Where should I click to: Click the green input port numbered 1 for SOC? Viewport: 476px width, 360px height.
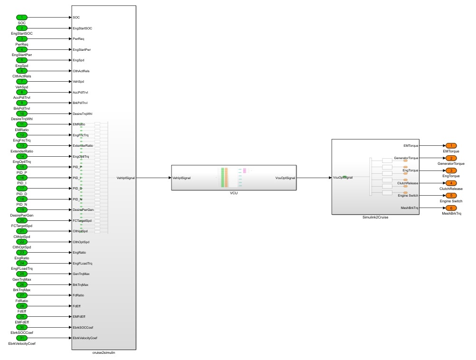[21, 18]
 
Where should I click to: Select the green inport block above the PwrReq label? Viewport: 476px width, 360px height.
[21, 39]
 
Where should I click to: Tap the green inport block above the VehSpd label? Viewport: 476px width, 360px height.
[21, 82]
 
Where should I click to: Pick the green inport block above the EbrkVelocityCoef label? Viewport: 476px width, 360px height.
[21, 338]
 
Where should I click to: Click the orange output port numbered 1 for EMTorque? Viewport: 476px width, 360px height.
[450, 146]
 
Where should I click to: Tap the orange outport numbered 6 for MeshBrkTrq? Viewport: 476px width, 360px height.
[450, 208]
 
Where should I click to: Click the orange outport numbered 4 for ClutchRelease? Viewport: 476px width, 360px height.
[450, 183]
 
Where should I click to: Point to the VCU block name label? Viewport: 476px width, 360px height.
[233, 194]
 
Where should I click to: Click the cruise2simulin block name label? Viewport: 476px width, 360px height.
[104, 353]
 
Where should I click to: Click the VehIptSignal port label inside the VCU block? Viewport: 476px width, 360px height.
[182, 178]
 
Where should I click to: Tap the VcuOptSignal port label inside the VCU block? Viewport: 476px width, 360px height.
[285, 178]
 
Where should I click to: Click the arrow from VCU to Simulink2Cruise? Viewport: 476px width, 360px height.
[314, 178]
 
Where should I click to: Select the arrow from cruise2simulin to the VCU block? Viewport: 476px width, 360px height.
[153, 178]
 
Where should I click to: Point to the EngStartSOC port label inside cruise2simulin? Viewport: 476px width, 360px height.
[83, 28]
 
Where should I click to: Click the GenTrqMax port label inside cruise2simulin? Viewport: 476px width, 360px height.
[82, 274]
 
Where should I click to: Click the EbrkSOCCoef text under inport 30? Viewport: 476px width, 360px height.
[21, 333]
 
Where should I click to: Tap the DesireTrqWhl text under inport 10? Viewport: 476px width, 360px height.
[21, 119]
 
